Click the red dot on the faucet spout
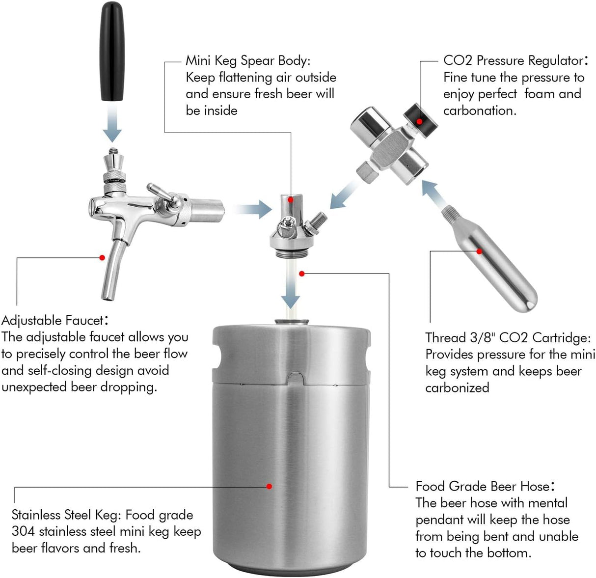(102, 257)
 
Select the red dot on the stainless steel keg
(269, 486)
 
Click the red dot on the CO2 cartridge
(480, 250)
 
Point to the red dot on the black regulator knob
(420, 121)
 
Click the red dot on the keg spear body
(291, 199)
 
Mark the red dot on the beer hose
(301, 273)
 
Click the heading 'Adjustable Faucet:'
(54, 321)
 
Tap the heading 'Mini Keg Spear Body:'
(248, 60)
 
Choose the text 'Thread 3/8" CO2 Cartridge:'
(508, 338)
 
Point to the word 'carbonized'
(457, 388)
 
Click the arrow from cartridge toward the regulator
(434, 192)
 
